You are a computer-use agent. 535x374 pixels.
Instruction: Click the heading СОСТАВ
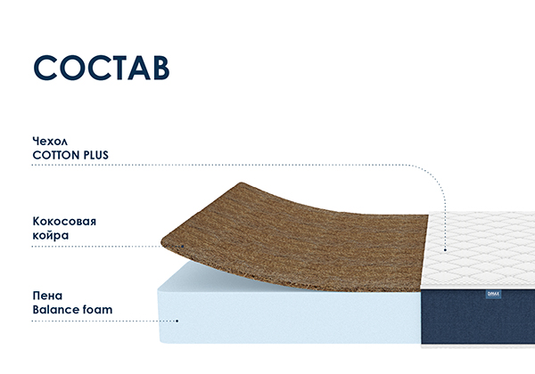[102, 68]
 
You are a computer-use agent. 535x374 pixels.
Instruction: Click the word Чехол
[50, 141]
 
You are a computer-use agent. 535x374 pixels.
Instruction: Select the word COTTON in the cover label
[56, 155]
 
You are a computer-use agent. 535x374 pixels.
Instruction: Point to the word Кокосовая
[64, 222]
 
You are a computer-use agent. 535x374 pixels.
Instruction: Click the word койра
[51, 235]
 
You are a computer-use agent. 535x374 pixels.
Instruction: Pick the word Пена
[47, 296]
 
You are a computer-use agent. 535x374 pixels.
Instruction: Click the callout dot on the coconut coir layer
[182, 247]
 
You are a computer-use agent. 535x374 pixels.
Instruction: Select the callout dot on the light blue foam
[177, 321]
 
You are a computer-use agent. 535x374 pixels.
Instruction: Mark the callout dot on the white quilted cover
[445, 250]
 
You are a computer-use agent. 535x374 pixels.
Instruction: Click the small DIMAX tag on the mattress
[493, 294]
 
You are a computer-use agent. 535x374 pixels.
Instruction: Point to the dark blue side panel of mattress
[478, 317]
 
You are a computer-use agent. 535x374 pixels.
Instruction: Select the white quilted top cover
[480, 250]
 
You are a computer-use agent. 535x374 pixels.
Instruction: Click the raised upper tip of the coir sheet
[242, 183]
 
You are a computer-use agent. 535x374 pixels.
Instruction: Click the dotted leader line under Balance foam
[105, 321]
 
